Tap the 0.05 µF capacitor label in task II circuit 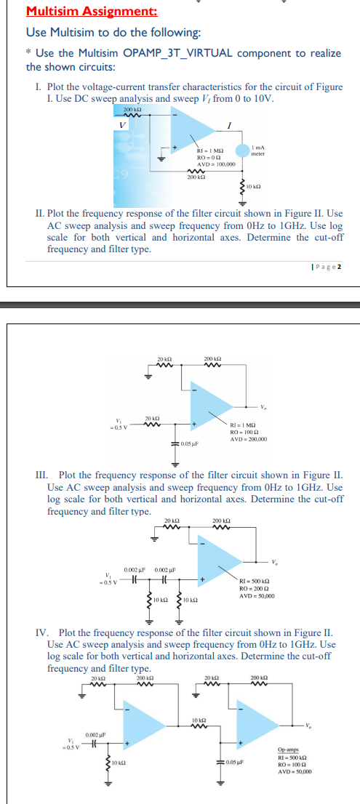coord(191,442)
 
